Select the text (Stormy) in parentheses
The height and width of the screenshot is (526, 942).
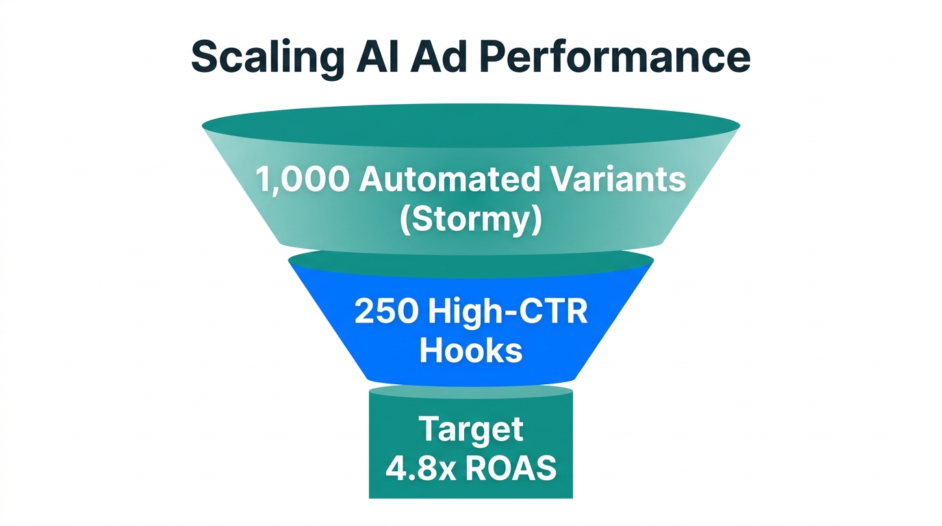470,221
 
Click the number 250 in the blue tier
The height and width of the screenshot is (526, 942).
385,312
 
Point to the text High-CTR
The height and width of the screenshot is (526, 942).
507,312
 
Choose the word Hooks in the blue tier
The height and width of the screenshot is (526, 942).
470,351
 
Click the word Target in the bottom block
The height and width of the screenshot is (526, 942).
470,429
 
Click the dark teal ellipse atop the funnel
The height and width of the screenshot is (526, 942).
470,126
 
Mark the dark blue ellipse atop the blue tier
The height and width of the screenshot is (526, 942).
470,263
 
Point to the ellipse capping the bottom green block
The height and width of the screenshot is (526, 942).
470,392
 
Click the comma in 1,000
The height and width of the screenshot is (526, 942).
275,190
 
